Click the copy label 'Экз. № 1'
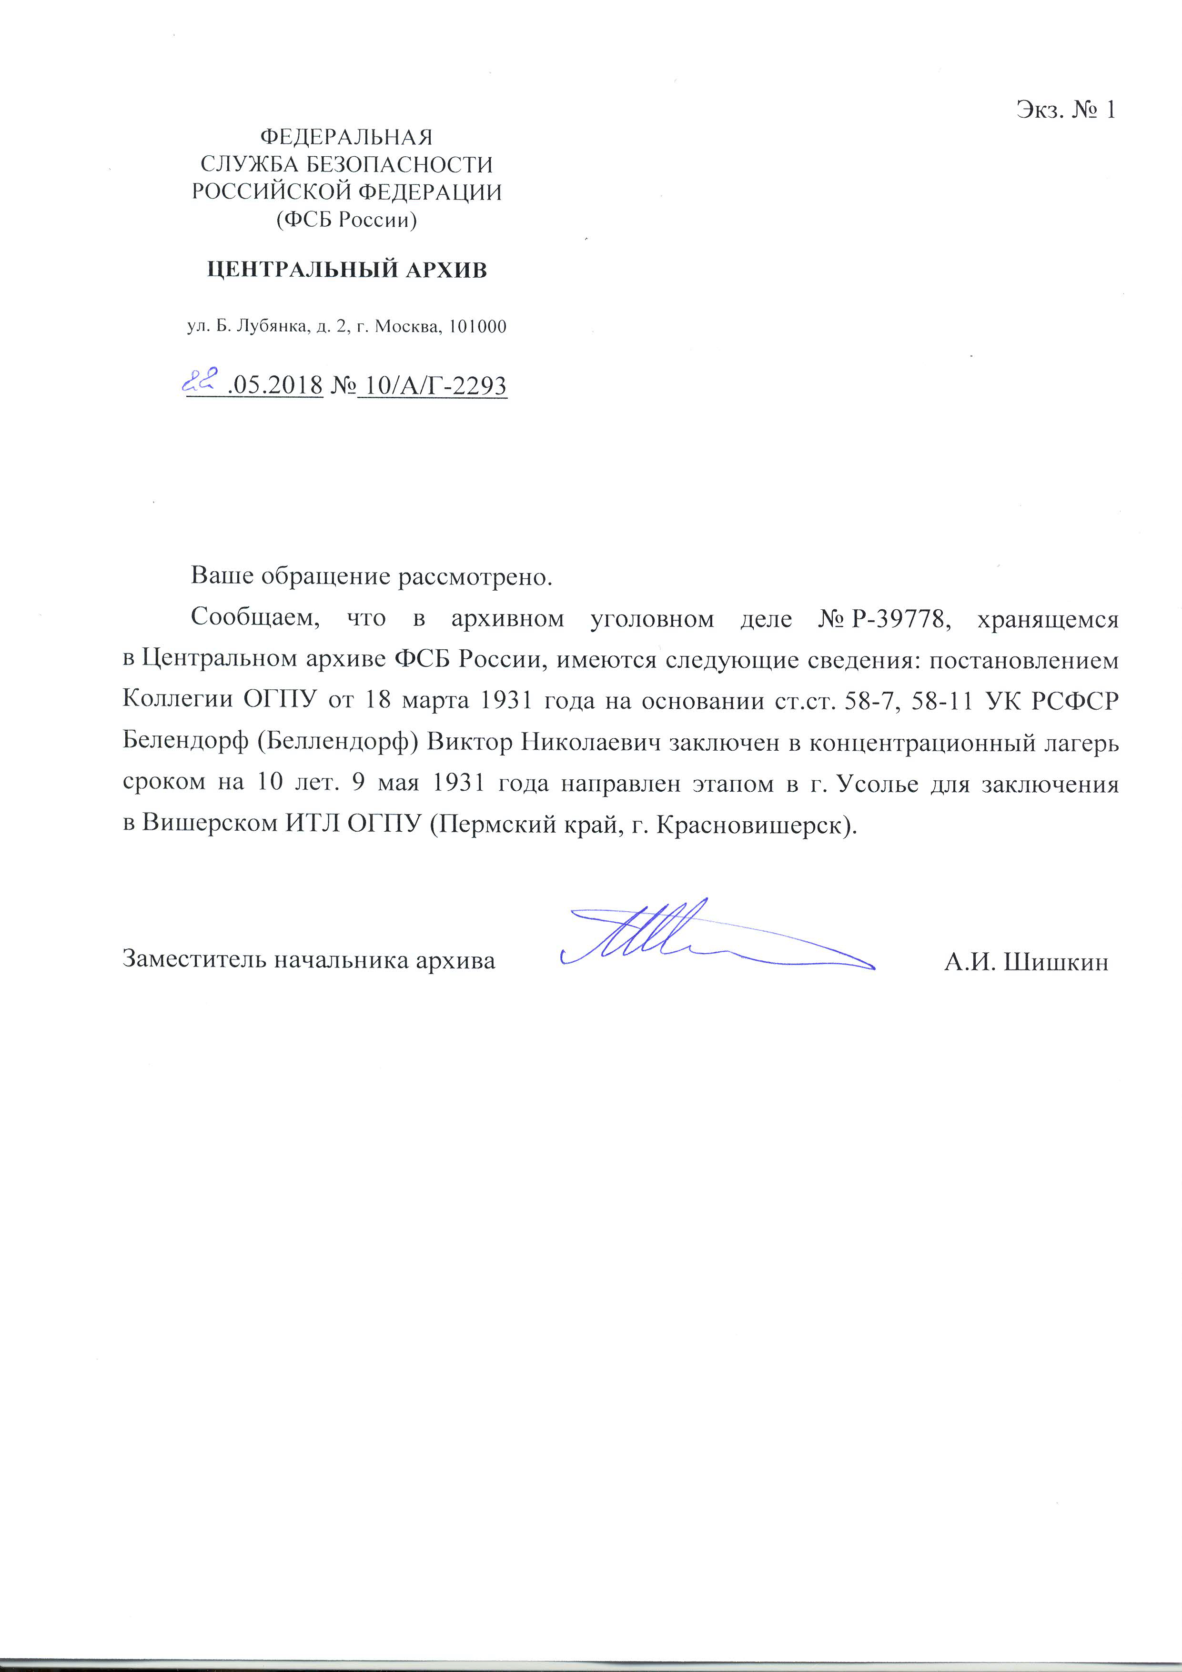(1065, 110)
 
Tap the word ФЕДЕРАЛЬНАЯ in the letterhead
(347, 137)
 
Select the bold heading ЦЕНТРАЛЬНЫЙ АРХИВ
(347, 270)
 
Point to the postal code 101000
(477, 327)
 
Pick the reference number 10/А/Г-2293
(434, 385)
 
